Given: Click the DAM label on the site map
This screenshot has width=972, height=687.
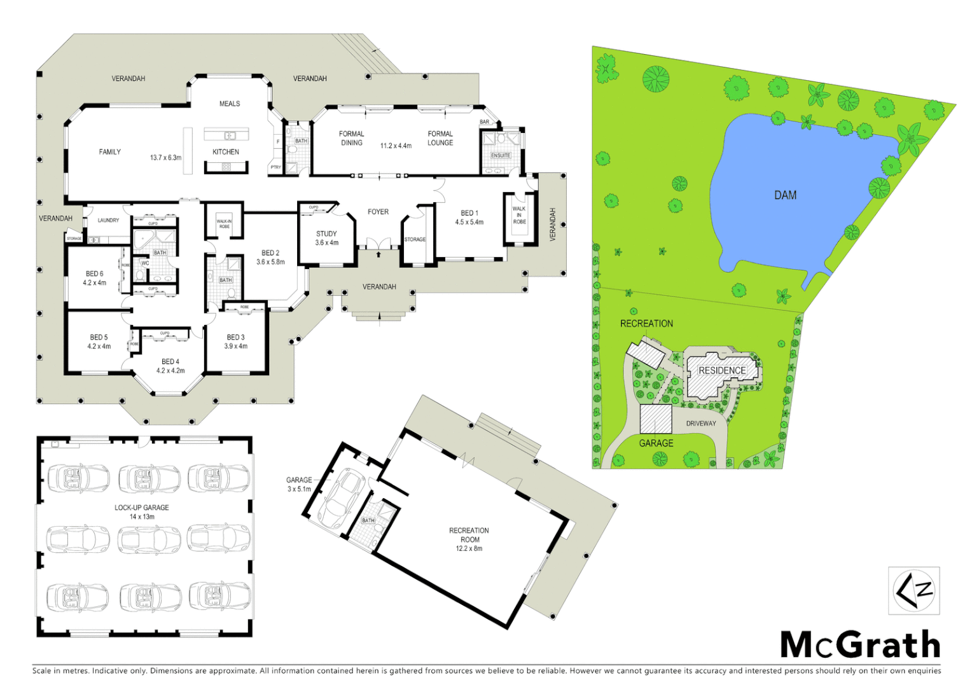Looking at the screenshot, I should coord(785,195).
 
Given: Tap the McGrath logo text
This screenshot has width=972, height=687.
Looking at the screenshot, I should coord(860,646).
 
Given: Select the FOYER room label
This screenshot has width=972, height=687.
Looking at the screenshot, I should coord(378,212).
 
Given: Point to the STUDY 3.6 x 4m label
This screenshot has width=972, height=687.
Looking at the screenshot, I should coord(327,238).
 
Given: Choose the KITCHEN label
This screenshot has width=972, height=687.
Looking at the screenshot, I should coord(226,152).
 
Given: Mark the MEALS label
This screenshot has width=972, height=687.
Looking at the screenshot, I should coord(230,104).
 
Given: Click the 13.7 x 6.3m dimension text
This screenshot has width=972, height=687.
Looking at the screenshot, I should coord(165,158).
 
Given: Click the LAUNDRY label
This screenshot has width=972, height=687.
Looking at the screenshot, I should coord(108,221).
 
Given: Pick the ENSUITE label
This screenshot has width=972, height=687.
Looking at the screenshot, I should coord(501,155).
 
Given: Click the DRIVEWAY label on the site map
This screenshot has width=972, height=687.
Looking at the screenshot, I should coord(701,424).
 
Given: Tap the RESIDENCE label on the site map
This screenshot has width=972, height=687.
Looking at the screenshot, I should coord(722,370).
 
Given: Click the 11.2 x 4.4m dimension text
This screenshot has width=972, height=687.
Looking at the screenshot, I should coord(396,146).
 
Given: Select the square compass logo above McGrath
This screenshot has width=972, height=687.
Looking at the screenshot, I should coord(913,591).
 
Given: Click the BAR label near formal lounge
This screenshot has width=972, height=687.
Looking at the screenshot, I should coord(485,122).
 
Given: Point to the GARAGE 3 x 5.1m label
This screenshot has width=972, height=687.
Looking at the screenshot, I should coord(299,485).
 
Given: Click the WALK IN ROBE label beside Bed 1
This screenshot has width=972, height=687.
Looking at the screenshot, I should coord(519,215).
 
